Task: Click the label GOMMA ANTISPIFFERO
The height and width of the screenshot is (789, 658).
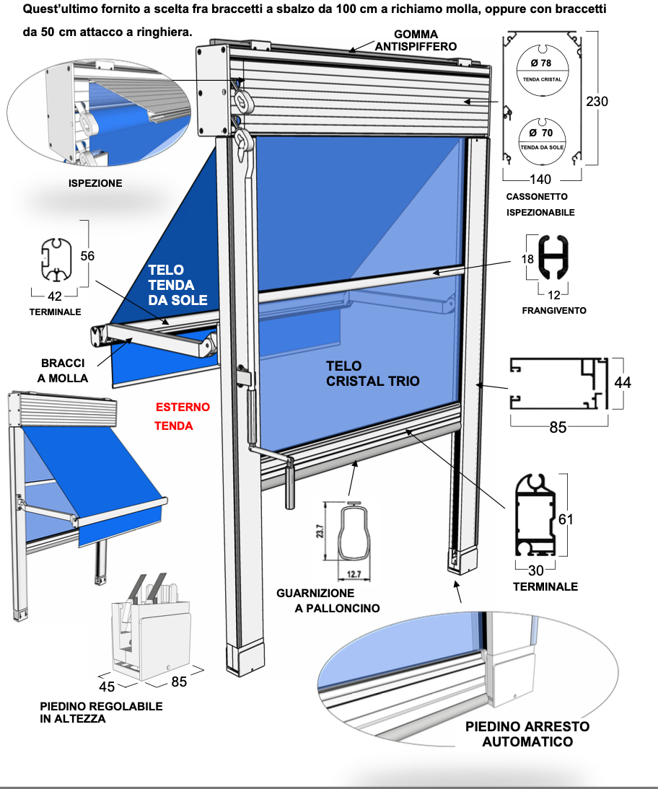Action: (416, 40)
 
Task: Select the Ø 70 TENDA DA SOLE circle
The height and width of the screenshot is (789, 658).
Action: (541, 137)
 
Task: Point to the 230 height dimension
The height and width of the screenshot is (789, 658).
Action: (596, 102)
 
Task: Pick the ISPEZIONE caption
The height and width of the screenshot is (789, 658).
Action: (95, 183)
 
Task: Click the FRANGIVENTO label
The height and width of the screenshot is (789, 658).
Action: (553, 311)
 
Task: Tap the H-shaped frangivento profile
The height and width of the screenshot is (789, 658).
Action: (553, 258)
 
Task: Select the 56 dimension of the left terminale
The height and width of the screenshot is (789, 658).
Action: (87, 255)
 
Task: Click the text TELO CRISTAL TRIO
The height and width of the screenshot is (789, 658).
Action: (372, 373)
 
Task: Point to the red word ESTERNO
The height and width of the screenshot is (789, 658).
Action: (183, 407)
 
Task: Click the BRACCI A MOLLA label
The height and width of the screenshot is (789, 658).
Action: (64, 371)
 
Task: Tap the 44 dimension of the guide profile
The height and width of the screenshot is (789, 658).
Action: (622, 383)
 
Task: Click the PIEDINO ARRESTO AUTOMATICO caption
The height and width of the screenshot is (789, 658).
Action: (527, 733)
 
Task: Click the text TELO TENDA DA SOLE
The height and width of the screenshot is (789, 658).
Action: (177, 285)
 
